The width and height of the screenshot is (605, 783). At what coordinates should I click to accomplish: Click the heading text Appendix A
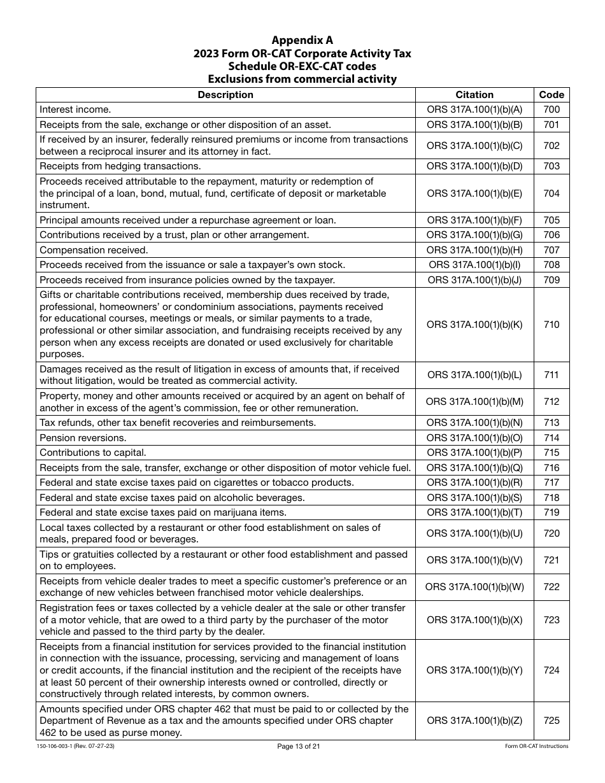(302, 40)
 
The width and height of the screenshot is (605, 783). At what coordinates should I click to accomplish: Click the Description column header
(225, 95)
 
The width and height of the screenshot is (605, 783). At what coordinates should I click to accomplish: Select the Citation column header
(474, 95)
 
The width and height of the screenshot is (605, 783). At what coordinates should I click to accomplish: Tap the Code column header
(552, 95)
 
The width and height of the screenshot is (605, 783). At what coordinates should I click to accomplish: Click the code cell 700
(552, 109)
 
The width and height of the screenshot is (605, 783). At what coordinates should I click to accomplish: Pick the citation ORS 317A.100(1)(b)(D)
(474, 166)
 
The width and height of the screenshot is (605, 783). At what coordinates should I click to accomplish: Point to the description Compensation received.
(94, 250)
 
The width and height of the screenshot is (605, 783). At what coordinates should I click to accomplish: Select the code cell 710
(552, 325)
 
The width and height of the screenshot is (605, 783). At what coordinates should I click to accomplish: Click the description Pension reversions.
(83, 438)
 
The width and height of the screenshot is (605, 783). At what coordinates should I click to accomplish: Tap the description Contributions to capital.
(93, 453)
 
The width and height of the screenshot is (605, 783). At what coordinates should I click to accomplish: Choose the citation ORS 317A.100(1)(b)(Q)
(474, 468)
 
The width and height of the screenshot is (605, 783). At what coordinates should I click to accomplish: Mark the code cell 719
(552, 512)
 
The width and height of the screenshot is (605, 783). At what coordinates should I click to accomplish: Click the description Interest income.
(75, 109)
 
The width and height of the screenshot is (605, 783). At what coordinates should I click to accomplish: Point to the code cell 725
(552, 721)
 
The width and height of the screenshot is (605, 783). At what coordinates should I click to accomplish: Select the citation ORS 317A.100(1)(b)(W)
(474, 587)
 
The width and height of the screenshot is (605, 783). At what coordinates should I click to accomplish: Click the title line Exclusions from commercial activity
(302, 80)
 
